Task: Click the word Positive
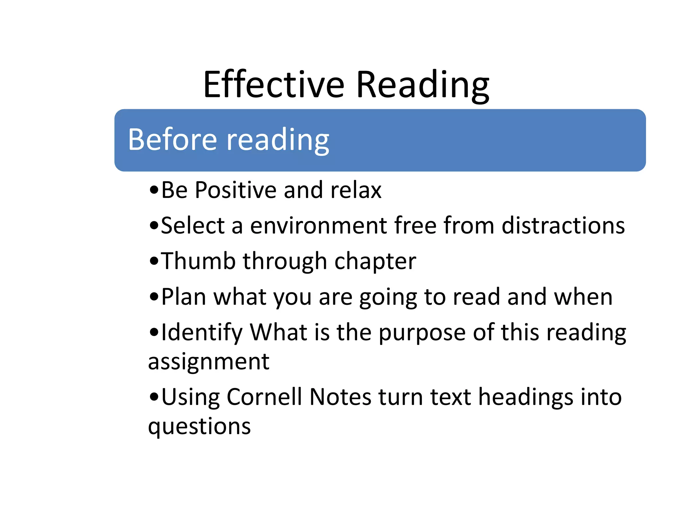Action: [235, 190]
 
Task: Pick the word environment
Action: [319, 226]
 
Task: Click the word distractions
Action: [563, 226]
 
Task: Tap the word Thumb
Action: [199, 261]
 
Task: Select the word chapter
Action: [375, 261]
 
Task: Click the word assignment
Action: [208, 362]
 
